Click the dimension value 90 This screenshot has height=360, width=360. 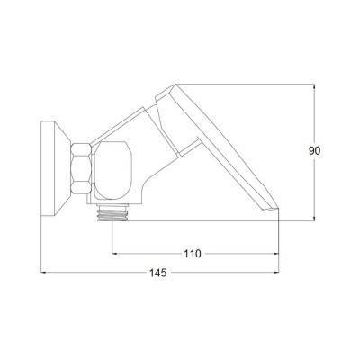click(x=315, y=151)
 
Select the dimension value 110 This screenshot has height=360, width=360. click(x=193, y=254)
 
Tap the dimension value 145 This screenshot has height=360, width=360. click(x=158, y=273)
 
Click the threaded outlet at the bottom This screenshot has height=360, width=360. click(x=112, y=215)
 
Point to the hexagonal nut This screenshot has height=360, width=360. click(x=81, y=168)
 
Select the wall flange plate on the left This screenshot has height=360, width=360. click(x=48, y=168)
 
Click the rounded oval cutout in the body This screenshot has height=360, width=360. click(x=112, y=170)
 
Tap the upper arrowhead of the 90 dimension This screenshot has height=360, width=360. click(x=314, y=87)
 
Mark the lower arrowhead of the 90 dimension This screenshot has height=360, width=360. click(x=314, y=218)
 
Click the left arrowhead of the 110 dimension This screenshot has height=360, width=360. click(x=114, y=254)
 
